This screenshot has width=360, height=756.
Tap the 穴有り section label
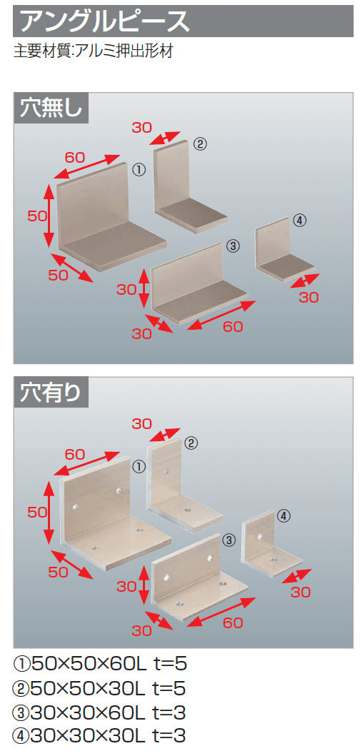point(50,393)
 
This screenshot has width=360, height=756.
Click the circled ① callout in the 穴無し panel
point(138,169)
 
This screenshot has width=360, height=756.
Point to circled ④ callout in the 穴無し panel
point(299,221)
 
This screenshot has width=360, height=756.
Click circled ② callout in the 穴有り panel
point(191,443)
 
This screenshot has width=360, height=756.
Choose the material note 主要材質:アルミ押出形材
point(93,51)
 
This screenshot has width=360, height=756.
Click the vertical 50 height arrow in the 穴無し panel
point(49,216)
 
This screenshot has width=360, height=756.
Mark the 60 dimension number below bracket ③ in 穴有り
point(233,623)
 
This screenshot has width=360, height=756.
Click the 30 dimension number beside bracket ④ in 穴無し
point(309,298)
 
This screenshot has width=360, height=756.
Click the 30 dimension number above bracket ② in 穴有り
point(141,424)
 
